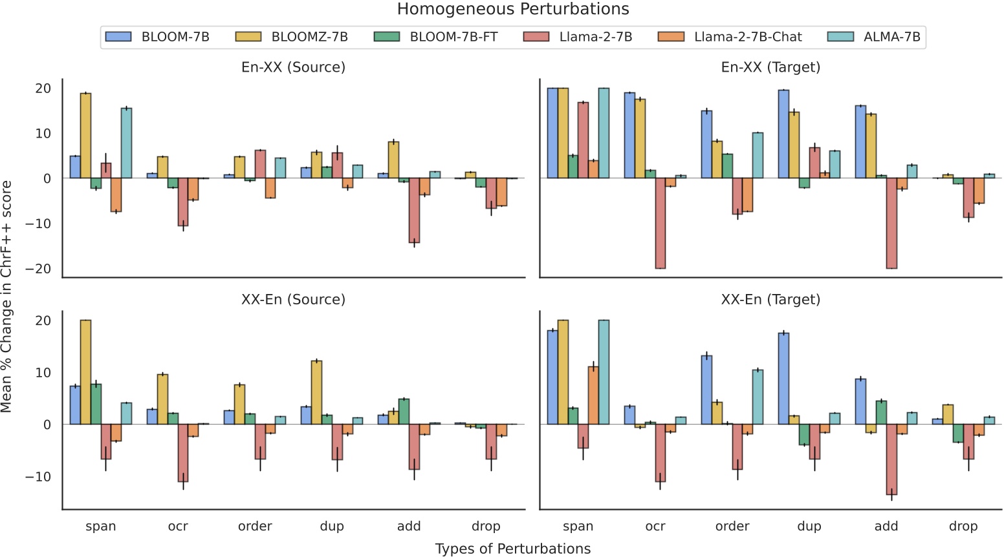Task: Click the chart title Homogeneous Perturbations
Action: pos(513,9)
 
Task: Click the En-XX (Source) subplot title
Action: pos(293,67)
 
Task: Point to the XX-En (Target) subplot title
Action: pos(770,300)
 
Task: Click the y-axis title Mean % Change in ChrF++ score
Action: pos(7,296)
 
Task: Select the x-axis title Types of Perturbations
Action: pos(513,549)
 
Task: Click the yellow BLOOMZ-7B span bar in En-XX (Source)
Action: pos(85,136)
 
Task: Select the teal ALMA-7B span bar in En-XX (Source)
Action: pos(126,143)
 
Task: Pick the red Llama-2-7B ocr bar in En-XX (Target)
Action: pos(660,223)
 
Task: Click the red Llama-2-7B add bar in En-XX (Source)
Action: pos(414,210)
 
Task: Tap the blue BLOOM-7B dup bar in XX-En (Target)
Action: pos(783,379)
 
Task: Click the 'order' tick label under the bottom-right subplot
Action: pos(732,527)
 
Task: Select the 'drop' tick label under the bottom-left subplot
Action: pos(486,527)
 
